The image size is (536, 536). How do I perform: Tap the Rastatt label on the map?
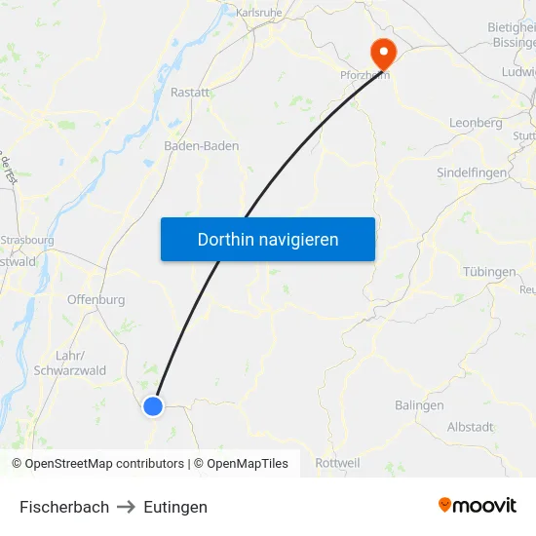point(190,92)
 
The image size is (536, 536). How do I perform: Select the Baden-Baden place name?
point(201,145)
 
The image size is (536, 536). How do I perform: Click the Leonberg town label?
point(476,123)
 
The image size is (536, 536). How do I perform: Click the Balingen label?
point(419,404)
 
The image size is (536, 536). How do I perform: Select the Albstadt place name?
point(470,427)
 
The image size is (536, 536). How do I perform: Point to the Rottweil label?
point(338,463)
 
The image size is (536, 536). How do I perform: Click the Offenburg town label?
point(96,299)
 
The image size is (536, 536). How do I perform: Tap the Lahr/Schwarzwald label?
point(69,363)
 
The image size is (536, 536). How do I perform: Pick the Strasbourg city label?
point(27,239)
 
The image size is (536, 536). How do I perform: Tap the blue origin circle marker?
point(153,406)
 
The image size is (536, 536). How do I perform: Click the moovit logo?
point(478,505)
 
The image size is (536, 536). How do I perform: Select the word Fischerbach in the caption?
point(64,507)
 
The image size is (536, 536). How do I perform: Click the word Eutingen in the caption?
point(175,507)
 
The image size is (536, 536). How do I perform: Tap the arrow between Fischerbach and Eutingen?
point(127,507)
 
